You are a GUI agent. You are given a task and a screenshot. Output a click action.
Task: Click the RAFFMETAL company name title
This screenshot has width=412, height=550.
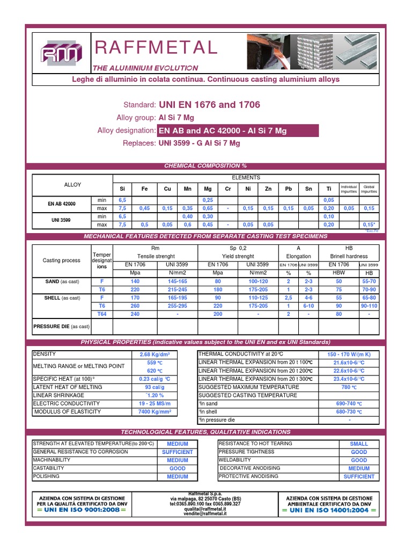[156, 48]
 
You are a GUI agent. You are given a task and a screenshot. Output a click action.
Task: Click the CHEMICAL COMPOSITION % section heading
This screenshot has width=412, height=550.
[205, 166]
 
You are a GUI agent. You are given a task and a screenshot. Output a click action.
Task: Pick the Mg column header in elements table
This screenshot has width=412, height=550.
[208, 189]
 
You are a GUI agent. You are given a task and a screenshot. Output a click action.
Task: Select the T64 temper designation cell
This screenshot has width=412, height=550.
[102, 314]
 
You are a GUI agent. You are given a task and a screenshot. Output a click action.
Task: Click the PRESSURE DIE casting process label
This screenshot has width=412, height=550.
[62, 326]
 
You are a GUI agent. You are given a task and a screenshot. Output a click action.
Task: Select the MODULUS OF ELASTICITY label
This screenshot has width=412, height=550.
[68, 411]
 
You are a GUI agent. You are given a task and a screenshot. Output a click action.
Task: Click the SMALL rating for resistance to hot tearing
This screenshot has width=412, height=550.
[359, 444]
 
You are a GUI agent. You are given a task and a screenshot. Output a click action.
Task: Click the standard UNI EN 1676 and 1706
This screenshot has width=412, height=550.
[209, 105]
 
